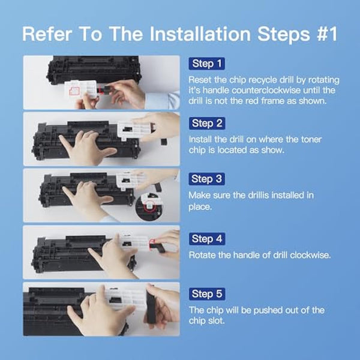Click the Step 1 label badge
206,64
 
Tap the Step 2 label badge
207,123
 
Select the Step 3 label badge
206,179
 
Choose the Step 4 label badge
207,239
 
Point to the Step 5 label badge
207,294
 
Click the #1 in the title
327,34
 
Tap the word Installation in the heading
200,34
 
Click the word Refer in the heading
47,34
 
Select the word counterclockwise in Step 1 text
266,90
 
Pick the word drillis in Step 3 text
258,195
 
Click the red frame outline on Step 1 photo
70,91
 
